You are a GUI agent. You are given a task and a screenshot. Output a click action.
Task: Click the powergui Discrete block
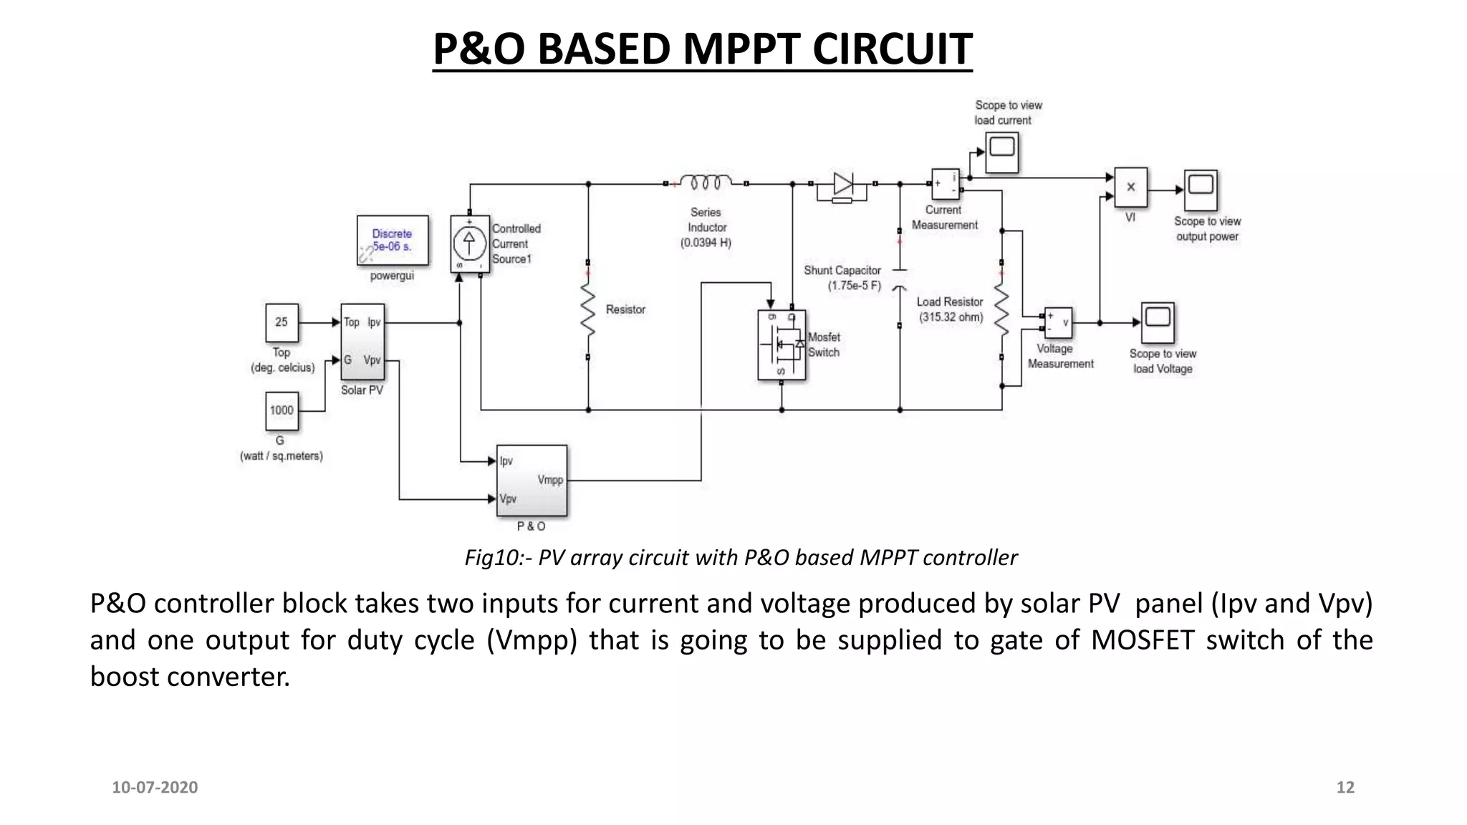coord(393,241)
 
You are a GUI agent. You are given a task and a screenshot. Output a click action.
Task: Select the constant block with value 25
coord(282,322)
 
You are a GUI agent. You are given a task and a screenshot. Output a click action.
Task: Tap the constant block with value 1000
coord(282,410)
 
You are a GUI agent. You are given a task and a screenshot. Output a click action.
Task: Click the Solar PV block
coord(362,342)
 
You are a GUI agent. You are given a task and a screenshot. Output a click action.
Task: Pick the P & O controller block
coord(532,481)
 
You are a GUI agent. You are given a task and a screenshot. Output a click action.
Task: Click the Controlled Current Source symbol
coord(469,243)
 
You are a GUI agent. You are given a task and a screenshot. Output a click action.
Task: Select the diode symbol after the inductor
coord(842,185)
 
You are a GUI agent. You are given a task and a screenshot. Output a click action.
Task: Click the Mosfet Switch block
coord(781,344)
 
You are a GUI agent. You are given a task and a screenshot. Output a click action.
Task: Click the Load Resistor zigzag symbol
coord(1001,312)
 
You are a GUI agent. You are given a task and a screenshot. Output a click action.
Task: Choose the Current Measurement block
coord(945,184)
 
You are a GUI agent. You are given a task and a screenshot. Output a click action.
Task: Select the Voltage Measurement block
coord(1057,323)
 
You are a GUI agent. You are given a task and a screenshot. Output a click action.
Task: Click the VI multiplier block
coord(1130,188)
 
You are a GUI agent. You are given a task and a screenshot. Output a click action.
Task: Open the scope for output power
coord(1200,190)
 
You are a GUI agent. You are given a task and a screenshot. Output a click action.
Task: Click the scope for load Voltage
coord(1157,322)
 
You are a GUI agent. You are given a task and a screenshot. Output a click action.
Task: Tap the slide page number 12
coord(1345,787)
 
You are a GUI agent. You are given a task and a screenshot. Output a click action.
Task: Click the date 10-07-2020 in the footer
coord(155,787)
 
